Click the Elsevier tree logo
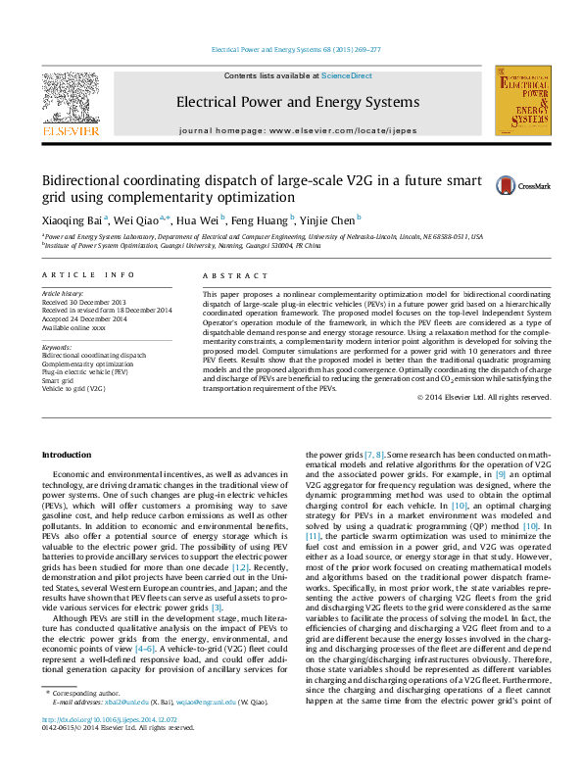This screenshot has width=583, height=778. pyautogui.click(x=70, y=101)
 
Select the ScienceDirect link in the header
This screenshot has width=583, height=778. pyautogui.click(x=347, y=75)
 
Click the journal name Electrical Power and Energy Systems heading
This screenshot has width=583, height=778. pyautogui.click(x=297, y=102)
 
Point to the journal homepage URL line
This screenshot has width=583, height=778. pyautogui.click(x=297, y=130)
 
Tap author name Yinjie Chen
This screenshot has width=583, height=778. pyautogui.click(x=328, y=220)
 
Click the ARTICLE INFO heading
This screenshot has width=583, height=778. pyautogui.click(x=88, y=277)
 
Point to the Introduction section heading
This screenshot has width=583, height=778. pyautogui.click(x=70, y=456)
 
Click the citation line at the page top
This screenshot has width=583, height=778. pyautogui.click(x=297, y=49)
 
